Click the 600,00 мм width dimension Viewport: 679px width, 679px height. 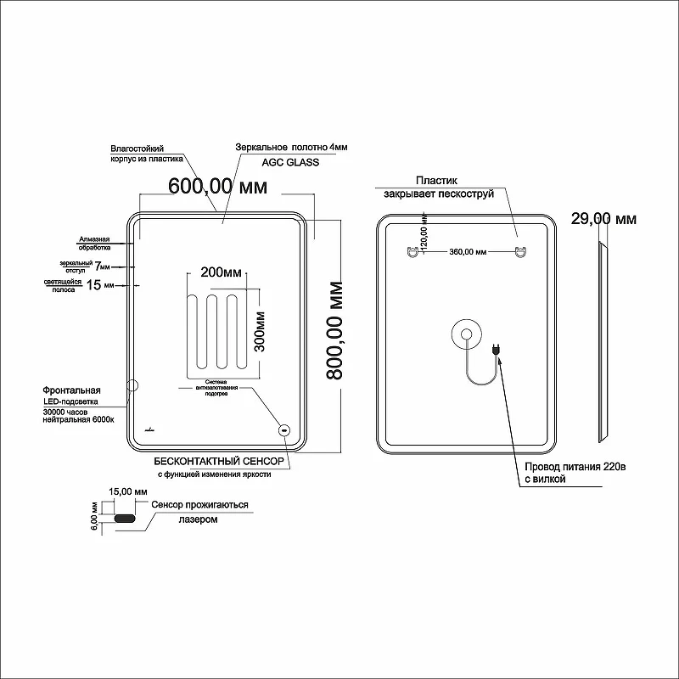point(218,187)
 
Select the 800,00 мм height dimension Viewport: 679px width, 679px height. point(334,330)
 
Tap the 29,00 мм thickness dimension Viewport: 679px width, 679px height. point(603,219)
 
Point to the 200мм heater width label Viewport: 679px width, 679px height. point(221,272)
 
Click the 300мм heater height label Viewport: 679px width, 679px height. point(260,332)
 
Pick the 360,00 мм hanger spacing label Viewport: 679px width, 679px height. point(468,251)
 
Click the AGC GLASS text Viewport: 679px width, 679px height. point(290,162)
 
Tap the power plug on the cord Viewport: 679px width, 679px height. point(497,349)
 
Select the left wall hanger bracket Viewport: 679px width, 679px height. point(413,251)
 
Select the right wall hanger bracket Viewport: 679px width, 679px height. point(519,251)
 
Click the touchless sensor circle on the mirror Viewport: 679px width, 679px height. point(284,430)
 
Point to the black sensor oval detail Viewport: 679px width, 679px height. point(125,519)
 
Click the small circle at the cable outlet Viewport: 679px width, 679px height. point(466,334)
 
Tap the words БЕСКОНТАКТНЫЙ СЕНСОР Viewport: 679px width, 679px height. point(219,462)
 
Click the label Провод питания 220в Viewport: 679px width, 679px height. point(575,467)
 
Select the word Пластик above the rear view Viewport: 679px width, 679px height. point(436,181)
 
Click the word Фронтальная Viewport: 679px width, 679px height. point(71,390)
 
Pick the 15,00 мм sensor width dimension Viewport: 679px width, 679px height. point(128,492)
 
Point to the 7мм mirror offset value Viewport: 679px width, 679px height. point(102,266)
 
